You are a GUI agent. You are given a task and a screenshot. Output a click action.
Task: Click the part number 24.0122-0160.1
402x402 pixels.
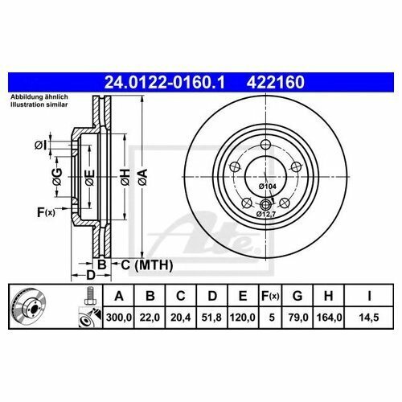pyautogui.click(x=165, y=82)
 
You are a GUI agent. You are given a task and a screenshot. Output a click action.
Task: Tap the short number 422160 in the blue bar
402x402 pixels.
pyautogui.click(x=275, y=82)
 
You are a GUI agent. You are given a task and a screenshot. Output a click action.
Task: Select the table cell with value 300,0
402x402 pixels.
pyautogui.click(x=119, y=318)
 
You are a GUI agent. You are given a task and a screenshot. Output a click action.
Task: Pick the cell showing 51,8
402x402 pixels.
pyautogui.click(x=211, y=318)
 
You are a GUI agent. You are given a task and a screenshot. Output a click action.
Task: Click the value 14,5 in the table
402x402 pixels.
pyautogui.click(x=369, y=318)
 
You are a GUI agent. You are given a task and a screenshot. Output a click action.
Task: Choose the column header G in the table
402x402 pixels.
pyautogui.click(x=297, y=296)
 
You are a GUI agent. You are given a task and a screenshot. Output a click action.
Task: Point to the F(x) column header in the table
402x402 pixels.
pyautogui.click(x=270, y=296)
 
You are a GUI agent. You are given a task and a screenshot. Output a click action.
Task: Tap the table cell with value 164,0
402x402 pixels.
pyautogui.click(x=329, y=318)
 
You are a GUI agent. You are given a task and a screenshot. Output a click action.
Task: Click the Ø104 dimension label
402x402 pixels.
pyautogui.click(x=267, y=187)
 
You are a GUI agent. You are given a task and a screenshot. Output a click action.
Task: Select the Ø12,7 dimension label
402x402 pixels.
pyautogui.click(x=266, y=214)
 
